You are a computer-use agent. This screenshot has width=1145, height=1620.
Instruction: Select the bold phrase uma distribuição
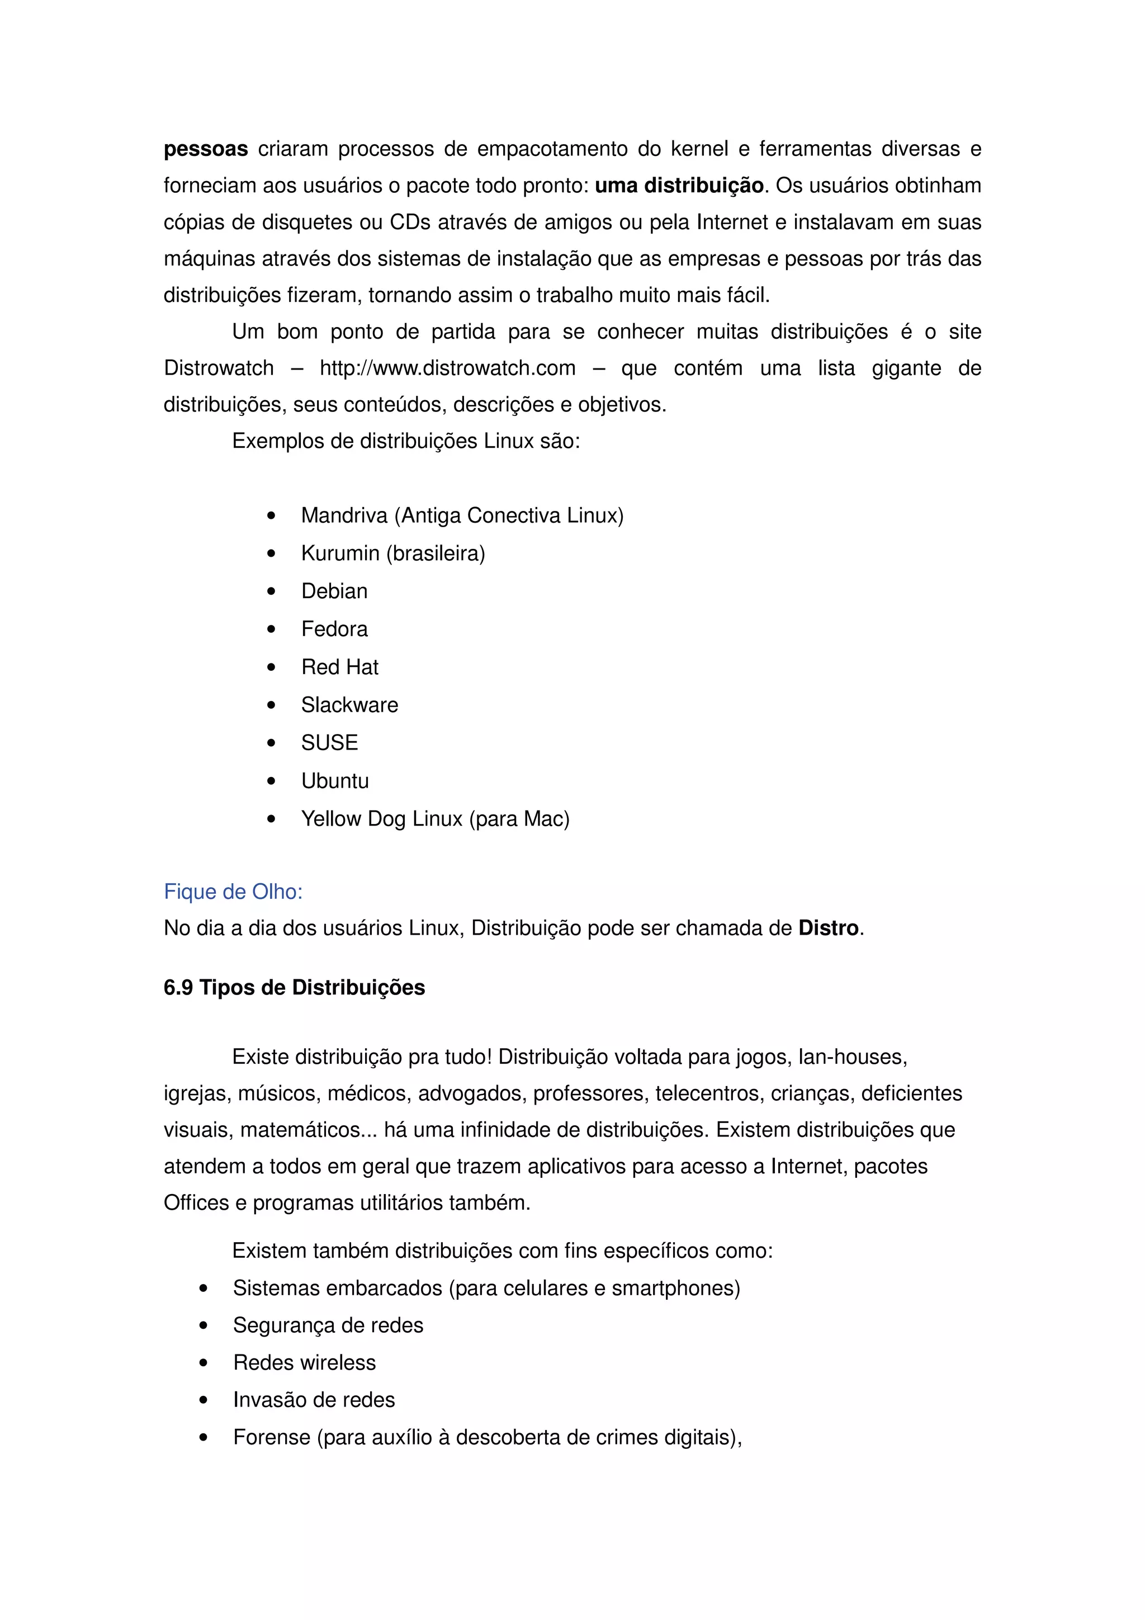tap(679, 186)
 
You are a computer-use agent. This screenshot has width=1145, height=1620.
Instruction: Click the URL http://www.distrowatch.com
tap(447, 368)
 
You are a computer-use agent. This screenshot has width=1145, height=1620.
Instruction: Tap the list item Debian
tap(334, 591)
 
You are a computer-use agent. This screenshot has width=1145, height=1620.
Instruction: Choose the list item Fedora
tap(334, 629)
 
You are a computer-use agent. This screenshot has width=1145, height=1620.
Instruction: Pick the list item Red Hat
tap(339, 667)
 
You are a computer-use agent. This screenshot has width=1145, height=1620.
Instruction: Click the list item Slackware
tap(349, 705)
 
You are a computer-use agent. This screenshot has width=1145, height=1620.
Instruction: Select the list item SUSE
tap(329, 743)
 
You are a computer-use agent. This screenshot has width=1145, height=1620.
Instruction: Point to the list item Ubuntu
tap(334, 781)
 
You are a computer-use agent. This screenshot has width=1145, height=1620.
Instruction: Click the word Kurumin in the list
tap(340, 554)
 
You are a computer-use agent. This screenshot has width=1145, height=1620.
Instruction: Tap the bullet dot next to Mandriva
tap(272, 517)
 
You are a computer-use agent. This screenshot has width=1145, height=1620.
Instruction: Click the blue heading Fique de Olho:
tap(233, 892)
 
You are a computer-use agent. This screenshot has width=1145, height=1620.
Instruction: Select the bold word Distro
tap(827, 928)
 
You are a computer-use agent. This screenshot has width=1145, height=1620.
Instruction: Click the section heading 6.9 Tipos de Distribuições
tap(294, 988)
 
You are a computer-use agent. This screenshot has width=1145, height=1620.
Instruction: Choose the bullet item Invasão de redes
tap(314, 1400)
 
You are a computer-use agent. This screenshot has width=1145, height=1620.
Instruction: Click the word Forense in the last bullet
tap(272, 1437)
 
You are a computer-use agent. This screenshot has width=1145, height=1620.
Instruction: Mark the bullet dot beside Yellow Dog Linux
tap(272, 819)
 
